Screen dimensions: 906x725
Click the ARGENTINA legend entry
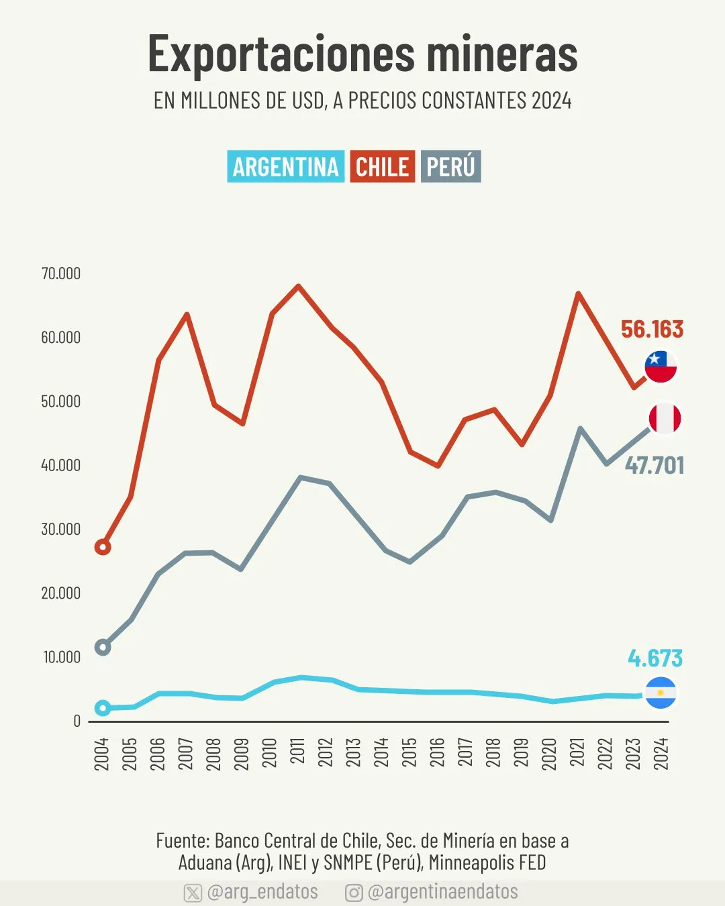coord(285,166)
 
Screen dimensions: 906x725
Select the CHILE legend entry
coord(382,166)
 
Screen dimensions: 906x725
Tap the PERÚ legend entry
coord(451,166)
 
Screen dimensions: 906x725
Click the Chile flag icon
coord(661,367)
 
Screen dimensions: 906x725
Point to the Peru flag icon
coord(665,419)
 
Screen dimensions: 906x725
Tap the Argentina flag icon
coord(661,693)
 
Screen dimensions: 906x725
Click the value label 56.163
coord(652,330)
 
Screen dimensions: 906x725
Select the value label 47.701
coord(655,465)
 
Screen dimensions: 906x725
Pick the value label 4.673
coord(655,658)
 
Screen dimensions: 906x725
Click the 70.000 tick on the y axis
coord(61,274)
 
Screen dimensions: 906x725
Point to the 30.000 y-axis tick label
coord(61,530)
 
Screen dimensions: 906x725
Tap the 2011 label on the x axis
coord(298,751)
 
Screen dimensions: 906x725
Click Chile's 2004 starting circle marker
coord(103,547)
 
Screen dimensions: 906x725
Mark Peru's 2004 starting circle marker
coord(103,648)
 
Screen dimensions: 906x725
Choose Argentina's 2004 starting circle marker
coord(103,708)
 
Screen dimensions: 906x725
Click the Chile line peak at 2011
coord(298,287)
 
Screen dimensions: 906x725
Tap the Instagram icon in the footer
coord(354,893)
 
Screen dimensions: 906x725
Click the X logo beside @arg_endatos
coord(193,893)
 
